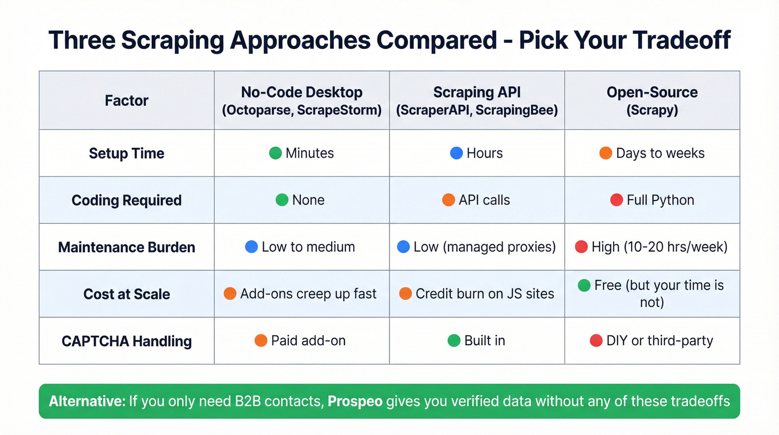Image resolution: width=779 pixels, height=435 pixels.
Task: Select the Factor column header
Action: pyautogui.click(x=126, y=101)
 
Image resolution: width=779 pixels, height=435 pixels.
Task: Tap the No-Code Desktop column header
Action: pyautogui.click(x=302, y=101)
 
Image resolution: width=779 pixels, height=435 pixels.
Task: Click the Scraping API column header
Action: pyautogui.click(x=477, y=101)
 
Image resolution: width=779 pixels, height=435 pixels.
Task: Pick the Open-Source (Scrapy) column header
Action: pyautogui.click(x=652, y=101)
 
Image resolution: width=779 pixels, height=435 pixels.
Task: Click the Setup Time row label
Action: pyautogui.click(x=126, y=153)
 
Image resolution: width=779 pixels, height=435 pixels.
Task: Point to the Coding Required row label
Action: pyautogui.click(x=126, y=201)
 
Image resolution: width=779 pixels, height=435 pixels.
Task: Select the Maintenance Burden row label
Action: pyautogui.click(x=126, y=247)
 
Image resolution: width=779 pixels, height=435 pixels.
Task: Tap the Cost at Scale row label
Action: pyautogui.click(x=126, y=294)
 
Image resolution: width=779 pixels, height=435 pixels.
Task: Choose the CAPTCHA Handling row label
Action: pyautogui.click(x=126, y=341)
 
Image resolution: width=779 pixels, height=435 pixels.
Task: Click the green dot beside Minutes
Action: pyautogui.click(x=275, y=153)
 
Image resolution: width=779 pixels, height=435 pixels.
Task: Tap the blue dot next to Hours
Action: pyautogui.click(x=456, y=153)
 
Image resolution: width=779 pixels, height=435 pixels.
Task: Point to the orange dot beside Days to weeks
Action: pyautogui.click(x=605, y=153)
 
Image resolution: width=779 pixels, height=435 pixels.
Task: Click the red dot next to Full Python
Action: pyautogui.click(x=616, y=200)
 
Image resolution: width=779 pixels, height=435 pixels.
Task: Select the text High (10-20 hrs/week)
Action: pyautogui.click(x=659, y=247)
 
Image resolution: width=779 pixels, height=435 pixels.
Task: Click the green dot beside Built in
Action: pyautogui.click(x=454, y=340)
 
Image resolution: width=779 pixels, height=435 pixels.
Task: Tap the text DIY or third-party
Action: pyautogui.click(x=659, y=340)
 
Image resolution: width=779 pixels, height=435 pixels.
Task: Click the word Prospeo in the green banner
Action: pyautogui.click(x=354, y=401)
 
